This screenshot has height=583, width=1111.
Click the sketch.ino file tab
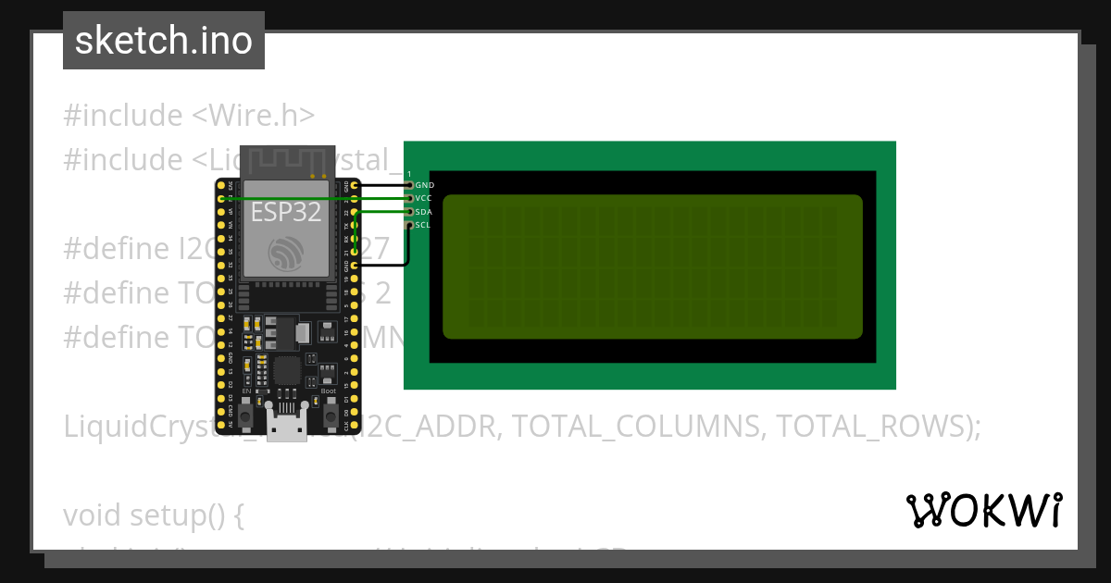tap(163, 41)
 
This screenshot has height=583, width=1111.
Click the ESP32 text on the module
tap(286, 213)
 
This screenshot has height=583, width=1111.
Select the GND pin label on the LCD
tap(424, 185)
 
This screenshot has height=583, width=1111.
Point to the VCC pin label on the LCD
tap(424, 198)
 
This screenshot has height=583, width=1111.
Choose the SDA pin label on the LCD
tap(424, 212)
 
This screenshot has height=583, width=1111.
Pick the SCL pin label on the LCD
tap(423, 225)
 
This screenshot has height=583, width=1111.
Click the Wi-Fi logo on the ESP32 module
tap(284, 254)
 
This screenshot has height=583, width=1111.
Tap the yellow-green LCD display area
tap(652, 267)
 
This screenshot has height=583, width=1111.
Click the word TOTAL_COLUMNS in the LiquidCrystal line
tap(638, 427)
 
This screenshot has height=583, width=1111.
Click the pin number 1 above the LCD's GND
tap(408, 174)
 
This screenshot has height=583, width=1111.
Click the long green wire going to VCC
tap(315, 198)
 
